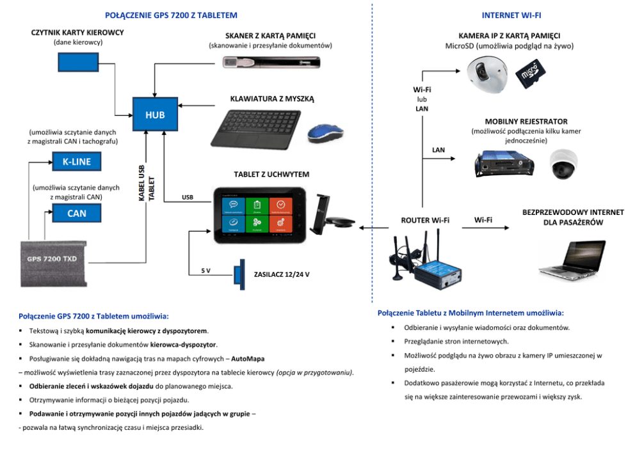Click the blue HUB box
coord(155,115)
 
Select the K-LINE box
coord(76,162)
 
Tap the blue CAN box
coord(76,214)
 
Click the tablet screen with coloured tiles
coord(258,214)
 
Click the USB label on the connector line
coord(188,198)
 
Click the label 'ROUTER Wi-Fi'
coord(425,221)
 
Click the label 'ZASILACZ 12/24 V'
coord(282,274)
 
